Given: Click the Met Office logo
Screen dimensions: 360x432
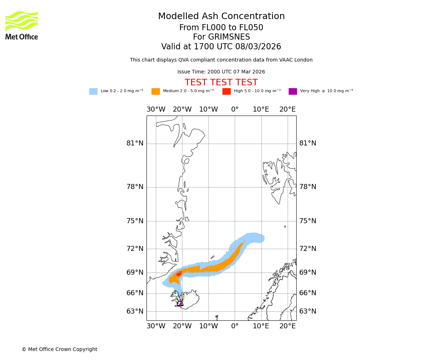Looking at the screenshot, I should (22, 25).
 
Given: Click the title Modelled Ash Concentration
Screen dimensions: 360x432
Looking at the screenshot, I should (221, 17).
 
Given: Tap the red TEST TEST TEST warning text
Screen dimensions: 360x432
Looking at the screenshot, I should (221, 83).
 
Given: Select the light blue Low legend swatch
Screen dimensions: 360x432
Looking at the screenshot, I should (93, 91).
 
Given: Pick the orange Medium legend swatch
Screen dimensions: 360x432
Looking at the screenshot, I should (156, 91).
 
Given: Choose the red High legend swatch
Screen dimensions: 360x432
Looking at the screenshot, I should (226, 91).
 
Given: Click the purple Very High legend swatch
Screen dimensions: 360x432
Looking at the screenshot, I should (293, 91).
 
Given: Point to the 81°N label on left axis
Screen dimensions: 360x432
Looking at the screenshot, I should (135, 143).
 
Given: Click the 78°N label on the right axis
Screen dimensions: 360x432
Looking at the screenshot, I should (308, 187).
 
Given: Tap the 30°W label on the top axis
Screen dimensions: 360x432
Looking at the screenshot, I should (156, 109).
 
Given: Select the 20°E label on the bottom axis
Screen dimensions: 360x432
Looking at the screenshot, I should (288, 326).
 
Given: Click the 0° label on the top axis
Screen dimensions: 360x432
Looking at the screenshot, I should (235, 109).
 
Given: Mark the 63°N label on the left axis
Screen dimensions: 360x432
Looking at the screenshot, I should (135, 311).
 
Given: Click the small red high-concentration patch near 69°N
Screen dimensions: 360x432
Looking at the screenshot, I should (179, 274).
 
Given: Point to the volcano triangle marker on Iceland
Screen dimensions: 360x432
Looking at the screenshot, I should (181, 303).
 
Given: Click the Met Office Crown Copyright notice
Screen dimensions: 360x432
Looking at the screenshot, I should (59, 350).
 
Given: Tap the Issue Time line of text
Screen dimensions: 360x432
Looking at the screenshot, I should (221, 72).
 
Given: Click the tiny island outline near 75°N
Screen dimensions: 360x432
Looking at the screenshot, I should (285, 226).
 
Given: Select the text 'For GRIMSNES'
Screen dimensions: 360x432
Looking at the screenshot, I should (221, 37).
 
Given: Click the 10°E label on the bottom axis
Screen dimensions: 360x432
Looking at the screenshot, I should (261, 326).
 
